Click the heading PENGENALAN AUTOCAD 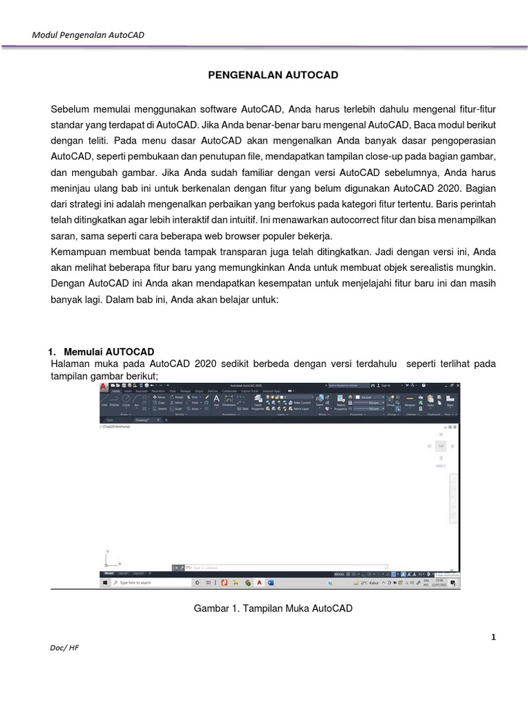click(x=274, y=75)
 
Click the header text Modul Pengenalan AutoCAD click(x=89, y=35)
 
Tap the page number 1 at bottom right click(x=493, y=637)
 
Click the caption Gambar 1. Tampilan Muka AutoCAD click(x=274, y=608)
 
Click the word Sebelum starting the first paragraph click(x=72, y=109)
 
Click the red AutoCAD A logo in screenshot click(x=104, y=388)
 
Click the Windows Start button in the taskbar click(x=104, y=582)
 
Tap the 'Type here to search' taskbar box click(x=144, y=582)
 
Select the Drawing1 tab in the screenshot click(x=142, y=419)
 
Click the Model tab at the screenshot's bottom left click(x=109, y=573)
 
